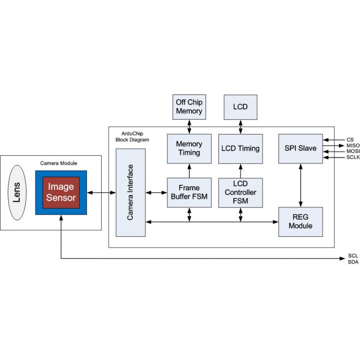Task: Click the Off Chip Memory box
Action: (x=189, y=107)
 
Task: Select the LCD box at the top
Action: (x=240, y=107)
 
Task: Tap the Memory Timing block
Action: (x=189, y=148)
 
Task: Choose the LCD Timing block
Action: (x=240, y=148)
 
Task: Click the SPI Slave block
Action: (x=301, y=148)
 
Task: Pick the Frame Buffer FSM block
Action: (x=189, y=193)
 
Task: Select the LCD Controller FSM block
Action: (x=240, y=193)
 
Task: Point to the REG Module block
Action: (x=301, y=222)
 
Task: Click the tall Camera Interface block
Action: (x=130, y=193)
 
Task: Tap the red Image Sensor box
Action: (x=61, y=192)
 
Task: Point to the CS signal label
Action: (x=351, y=139)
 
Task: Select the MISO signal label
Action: (x=353, y=145)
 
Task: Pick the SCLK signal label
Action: (x=353, y=157)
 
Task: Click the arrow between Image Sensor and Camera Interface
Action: (x=101, y=193)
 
